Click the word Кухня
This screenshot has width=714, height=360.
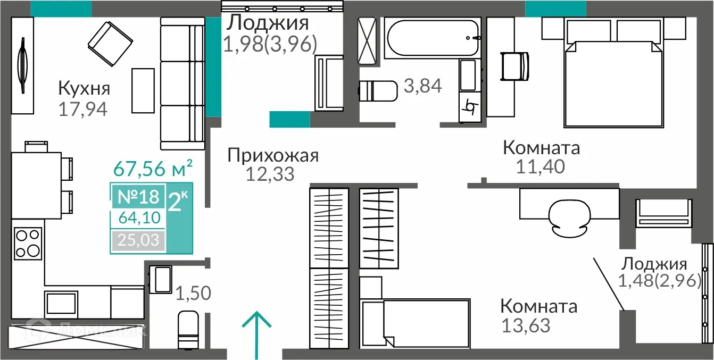click(84, 88)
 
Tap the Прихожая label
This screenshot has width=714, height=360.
click(273, 155)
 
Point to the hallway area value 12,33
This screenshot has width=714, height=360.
click(270, 174)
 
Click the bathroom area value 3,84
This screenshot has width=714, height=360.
click(422, 85)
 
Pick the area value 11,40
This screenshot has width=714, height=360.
click(540, 166)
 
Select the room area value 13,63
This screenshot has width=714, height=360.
click(526, 325)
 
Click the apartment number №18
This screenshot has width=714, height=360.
click(138, 197)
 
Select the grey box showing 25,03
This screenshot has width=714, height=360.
click(138, 240)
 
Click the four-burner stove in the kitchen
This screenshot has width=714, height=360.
click(28, 242)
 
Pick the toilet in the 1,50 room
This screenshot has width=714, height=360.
click(188, 329)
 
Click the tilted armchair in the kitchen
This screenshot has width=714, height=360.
click(110, 40)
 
